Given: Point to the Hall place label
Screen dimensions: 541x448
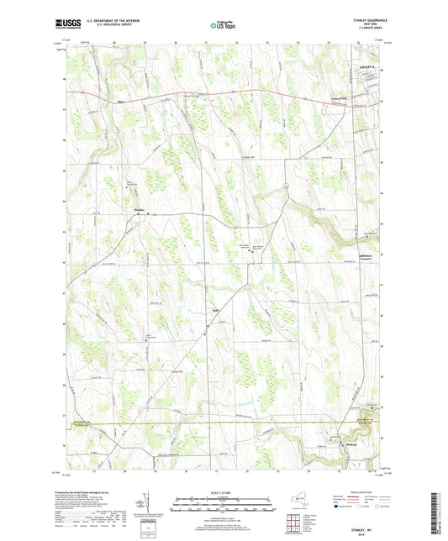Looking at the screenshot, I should [x=213, y=317].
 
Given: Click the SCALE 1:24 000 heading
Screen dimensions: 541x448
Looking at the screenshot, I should [x=224, y=491].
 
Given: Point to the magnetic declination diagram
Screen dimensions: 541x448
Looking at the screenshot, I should [x=149, y=503].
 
